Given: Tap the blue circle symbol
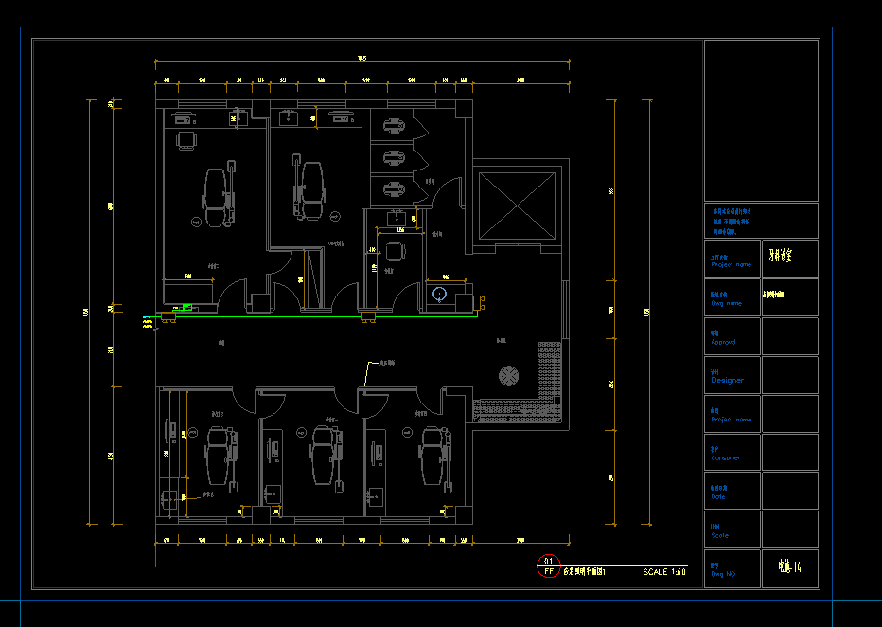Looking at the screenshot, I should [439, 294].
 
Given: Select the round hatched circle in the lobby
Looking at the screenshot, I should [508, 376].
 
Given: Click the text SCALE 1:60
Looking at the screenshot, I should [664, 572].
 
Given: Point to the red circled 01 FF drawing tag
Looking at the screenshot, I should [548, 567].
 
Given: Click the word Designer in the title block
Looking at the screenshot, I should [727, 380].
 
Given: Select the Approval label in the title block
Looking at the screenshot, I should [723, 341].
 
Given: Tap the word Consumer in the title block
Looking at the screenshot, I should [726, 457].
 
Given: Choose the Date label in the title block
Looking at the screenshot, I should [718, 496].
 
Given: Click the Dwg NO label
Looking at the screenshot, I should [723, 574].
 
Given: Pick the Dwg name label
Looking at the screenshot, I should [726, 303].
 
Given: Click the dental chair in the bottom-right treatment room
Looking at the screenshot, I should [433, 453].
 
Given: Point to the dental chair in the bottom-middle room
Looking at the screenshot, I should [325, 453].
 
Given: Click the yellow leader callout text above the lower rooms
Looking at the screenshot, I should [387, 363].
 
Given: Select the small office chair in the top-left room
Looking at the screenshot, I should [186, 140].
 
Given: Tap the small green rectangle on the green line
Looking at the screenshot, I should [186, 307].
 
